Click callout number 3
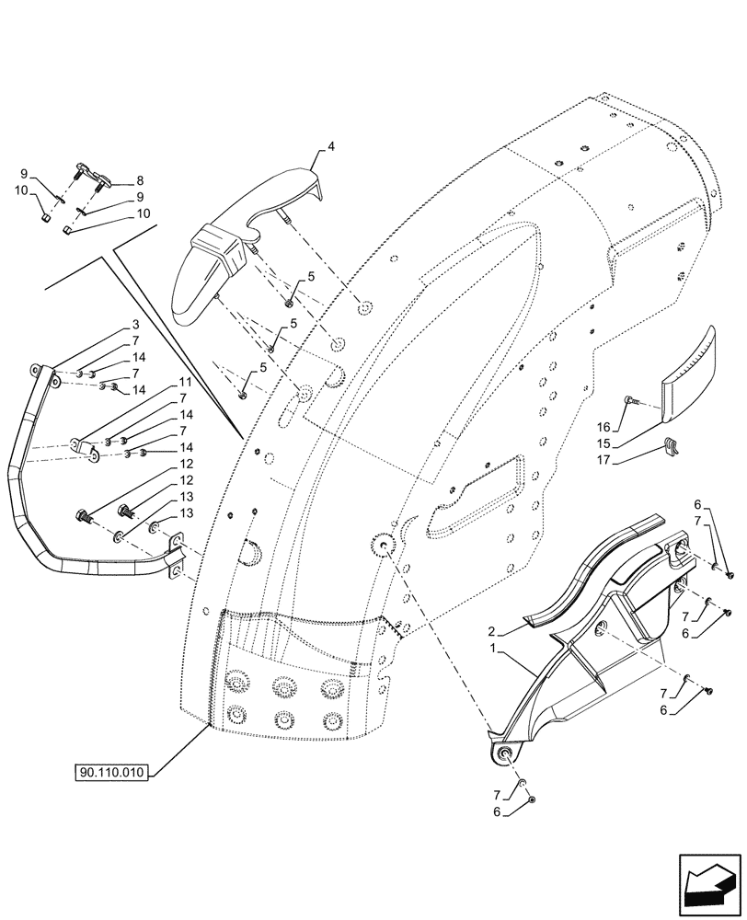pyautogui.click(x=134, y=325)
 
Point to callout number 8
pyautogui.click(x=140, y=181)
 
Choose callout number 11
pyautogui.click(x=185, y=382)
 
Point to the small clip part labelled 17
pyautogui.click(x=672, y=446)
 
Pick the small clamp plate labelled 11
pyautogui.click(x=88, y=450)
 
